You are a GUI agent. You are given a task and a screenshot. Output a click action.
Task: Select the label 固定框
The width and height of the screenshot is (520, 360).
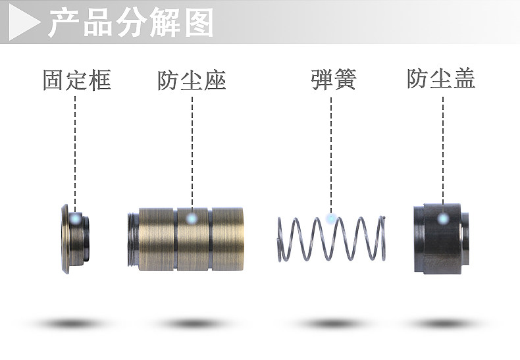point(76,80)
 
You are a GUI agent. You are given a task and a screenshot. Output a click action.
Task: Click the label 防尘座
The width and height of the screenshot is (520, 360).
point(192,80)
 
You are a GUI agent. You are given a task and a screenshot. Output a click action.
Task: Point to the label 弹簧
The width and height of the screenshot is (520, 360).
point(333,80)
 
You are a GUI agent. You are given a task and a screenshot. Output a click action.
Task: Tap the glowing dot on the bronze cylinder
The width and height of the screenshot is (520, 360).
point(192,219)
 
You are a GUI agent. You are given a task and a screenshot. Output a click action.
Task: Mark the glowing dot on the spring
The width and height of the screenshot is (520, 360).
point(331,218)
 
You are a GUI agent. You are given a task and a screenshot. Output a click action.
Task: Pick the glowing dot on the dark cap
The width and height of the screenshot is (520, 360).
point(443,218)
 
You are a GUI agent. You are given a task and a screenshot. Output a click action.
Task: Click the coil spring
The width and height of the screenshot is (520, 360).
point(332,238)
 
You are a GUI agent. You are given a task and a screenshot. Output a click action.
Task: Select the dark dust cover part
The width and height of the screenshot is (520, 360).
point(441,240)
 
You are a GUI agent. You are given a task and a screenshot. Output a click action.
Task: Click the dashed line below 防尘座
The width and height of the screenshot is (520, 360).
point(192,151)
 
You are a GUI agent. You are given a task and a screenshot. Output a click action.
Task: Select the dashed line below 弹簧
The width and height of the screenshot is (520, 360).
point(331,151)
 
